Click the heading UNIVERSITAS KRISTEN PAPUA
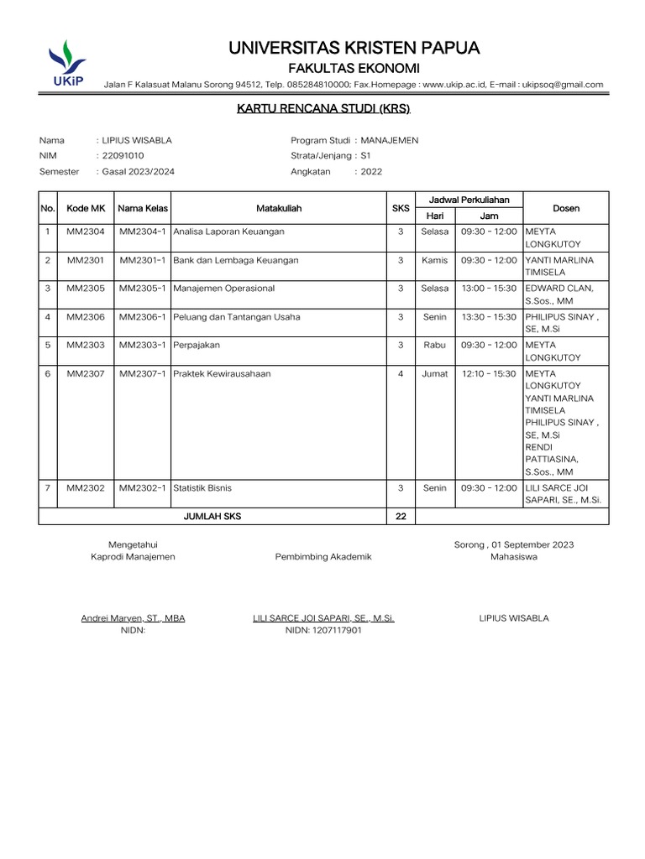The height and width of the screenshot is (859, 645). (x=354, y=49)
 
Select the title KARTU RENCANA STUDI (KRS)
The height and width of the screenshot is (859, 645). (x=323, y=109)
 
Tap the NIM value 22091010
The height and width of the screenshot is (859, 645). (x=123, y=156)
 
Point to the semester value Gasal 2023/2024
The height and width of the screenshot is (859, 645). (x=139, y=171)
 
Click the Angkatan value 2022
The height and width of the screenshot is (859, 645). (x=371, y=171)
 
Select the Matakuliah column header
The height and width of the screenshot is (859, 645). (x=278, y=208)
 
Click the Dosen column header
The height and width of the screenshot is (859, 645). (x=566, y=208)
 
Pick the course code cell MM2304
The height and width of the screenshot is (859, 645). (x=86, y=232)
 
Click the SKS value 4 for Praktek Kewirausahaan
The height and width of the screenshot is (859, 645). (x=401, y=374)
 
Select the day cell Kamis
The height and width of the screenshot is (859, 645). (x=435, y=260)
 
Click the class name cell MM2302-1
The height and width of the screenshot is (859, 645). (x=144, y=488)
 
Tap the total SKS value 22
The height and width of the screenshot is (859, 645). (x=401, y=517)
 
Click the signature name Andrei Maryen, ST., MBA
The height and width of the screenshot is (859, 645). (x=133, y=618)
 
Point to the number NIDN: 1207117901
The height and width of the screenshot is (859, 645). (x=323, y=630)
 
